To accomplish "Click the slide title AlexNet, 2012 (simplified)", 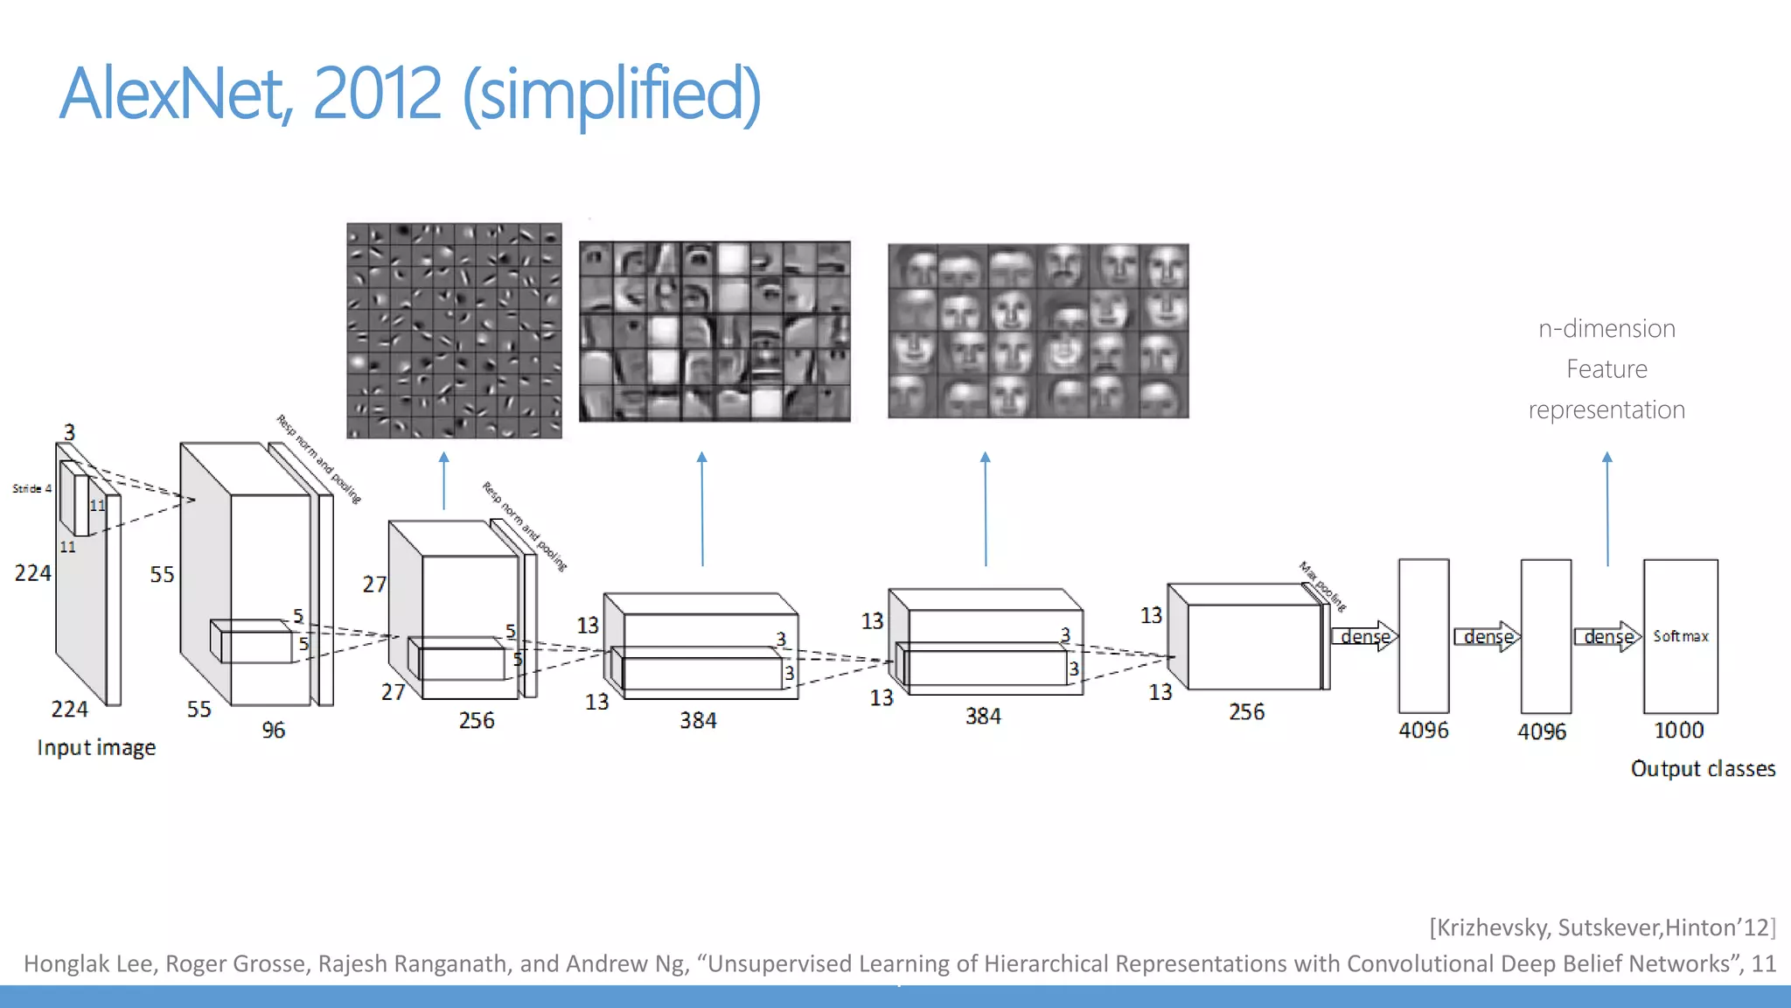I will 410,94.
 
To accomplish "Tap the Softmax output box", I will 1680,636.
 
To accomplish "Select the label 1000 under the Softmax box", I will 1678,730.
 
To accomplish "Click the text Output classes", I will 1702,768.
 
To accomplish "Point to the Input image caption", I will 96,747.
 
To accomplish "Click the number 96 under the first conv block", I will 273,730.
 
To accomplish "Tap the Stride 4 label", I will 31,488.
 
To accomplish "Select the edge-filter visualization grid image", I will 454,331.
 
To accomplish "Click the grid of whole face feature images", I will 1038,331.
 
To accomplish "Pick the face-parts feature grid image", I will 714,332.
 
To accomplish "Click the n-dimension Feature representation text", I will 1606,369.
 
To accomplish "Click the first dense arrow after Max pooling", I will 1365,636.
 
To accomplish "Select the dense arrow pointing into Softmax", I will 1607,636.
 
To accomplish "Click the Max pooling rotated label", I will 1322,586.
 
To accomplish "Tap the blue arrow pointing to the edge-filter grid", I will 443,481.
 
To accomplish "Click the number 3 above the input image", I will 69,432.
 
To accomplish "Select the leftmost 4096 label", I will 1423,730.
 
